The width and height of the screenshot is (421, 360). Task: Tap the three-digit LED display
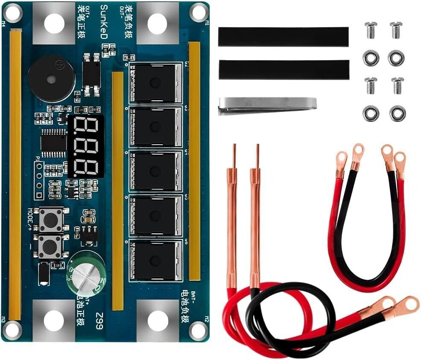click(x=86, y=146)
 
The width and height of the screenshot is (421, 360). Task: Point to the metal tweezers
click(x=267, y=105)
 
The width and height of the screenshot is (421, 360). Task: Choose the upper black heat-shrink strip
click(x=283, y=37)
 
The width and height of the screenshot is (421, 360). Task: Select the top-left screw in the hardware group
click(x=371, y=30)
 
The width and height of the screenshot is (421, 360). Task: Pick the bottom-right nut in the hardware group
click(x=397, y=113)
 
